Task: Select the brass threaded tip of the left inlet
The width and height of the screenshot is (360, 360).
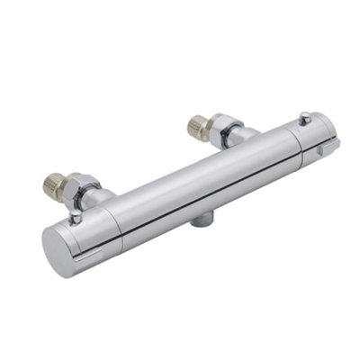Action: (x=53, y=187)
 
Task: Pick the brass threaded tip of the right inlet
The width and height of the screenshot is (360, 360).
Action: (x=197, y=125)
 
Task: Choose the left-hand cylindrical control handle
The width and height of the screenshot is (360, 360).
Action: (x=90, y=236)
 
